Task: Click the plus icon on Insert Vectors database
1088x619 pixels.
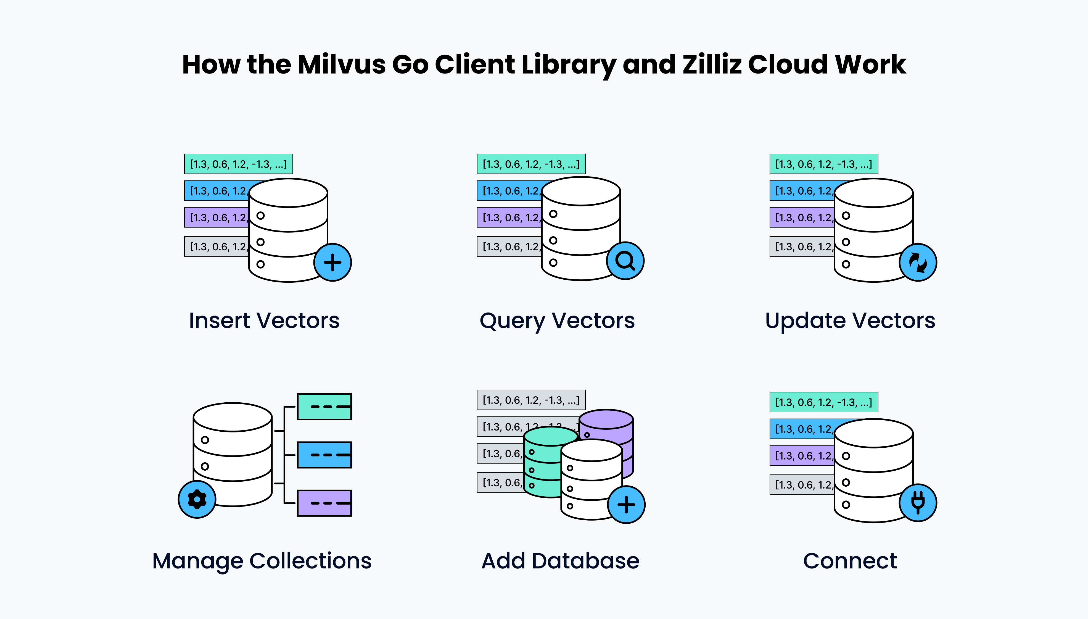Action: point(333,262)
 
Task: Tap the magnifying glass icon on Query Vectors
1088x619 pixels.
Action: point(625,261)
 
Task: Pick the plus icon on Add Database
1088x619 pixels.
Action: point(626,505)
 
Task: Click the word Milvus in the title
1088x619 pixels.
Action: point(342,65)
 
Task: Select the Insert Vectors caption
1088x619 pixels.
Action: point(264,321)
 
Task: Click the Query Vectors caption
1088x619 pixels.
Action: point(557,321)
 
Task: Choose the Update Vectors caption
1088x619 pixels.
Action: point(850,321)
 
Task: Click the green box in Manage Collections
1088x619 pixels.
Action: point(324,407)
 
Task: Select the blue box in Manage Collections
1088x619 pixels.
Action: point(324,455)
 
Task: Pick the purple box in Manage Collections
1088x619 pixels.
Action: point(324,503)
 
